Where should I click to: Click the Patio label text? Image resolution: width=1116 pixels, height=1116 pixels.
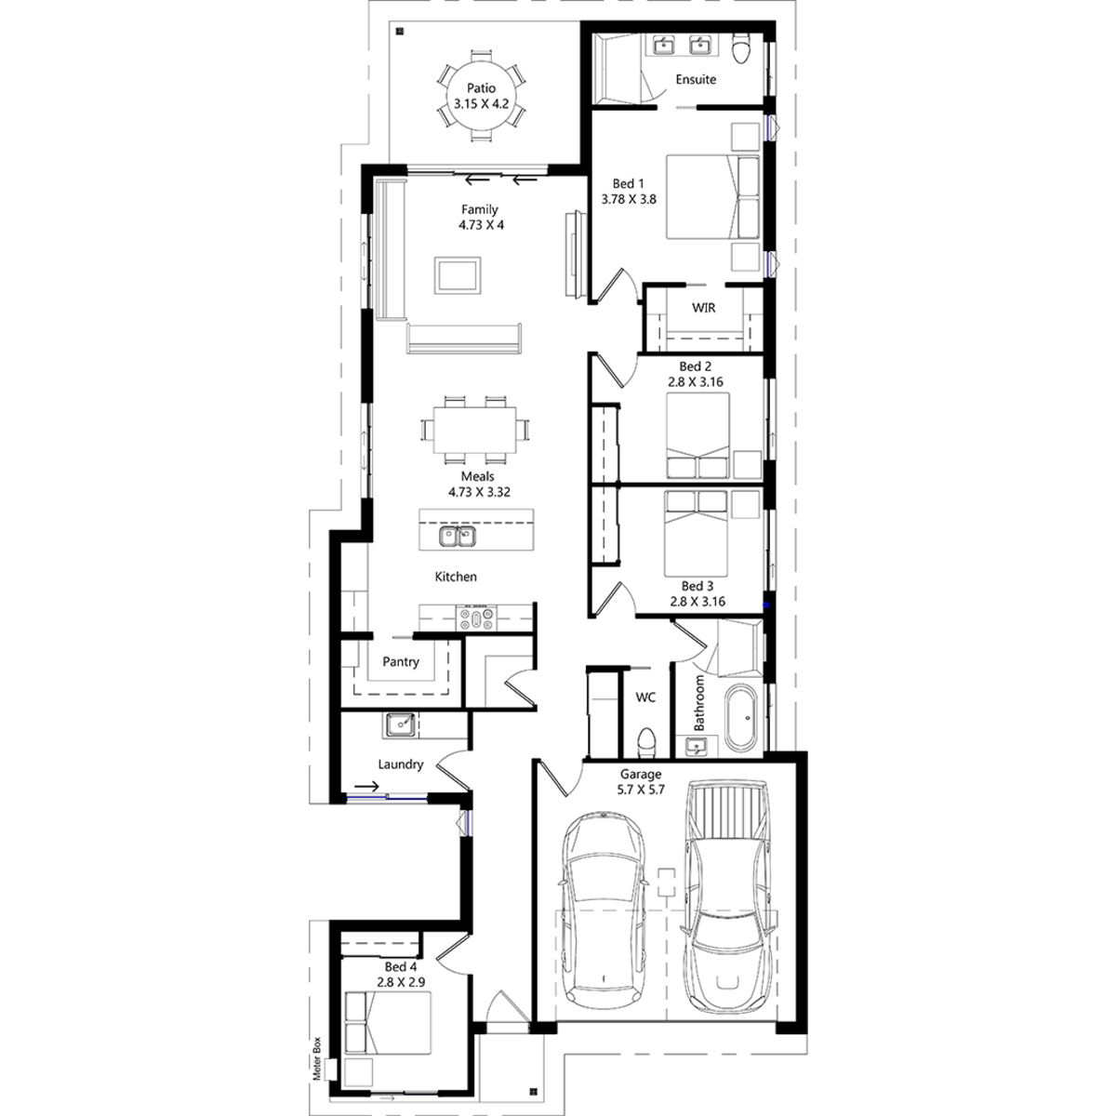[481, 88]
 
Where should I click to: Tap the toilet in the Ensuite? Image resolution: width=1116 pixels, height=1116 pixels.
[740, 47]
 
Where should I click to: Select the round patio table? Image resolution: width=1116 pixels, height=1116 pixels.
[481, 96]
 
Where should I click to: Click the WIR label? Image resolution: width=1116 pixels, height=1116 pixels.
[703, 308]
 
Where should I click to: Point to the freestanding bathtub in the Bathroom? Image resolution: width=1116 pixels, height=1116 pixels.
[740, 718]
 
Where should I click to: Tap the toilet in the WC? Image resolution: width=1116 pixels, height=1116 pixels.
[646, 743]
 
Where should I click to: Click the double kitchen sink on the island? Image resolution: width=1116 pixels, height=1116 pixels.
[457, 537]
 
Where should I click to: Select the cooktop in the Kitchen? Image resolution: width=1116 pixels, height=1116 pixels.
[476, 618]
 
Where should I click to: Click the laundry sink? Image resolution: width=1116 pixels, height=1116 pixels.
[400, 724]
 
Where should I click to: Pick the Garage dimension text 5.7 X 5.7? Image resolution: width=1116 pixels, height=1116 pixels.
[641, 790]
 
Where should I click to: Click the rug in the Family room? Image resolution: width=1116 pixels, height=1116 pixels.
[458, 275]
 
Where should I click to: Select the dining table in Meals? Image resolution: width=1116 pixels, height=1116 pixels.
[474, 430]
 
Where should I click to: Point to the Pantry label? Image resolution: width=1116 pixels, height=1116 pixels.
[400, 661]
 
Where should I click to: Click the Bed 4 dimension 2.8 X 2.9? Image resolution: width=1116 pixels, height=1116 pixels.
[401, 982]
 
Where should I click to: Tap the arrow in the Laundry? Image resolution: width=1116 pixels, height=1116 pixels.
[366, 787]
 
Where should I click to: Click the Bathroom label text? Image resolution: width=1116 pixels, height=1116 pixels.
[699, 702]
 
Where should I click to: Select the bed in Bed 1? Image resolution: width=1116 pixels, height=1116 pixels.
[712, 196]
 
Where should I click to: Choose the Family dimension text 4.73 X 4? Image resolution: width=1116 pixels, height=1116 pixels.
[481, 225]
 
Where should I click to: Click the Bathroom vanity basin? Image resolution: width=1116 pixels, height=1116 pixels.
[696, 747]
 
